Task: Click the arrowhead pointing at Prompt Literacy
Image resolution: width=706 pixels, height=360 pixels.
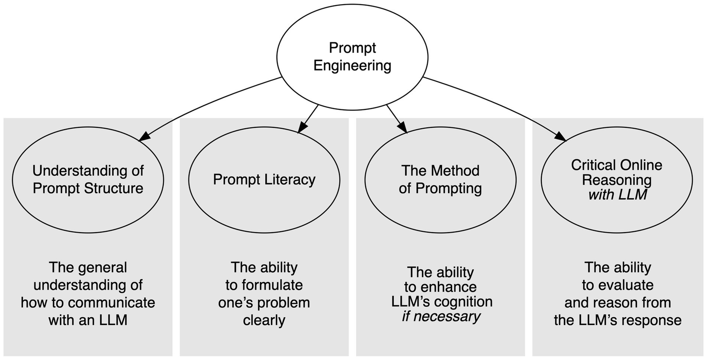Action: click(301, 128)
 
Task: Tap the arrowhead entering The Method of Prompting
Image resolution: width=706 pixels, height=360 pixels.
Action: click(403, 128)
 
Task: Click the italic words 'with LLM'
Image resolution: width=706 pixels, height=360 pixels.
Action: click(617, 195)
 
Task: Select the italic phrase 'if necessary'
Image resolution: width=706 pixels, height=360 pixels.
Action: click(441, 316)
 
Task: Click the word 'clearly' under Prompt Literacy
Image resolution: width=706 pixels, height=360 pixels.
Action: click(264, 320)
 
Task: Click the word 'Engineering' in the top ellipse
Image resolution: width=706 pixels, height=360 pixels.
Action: click(352, 65)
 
